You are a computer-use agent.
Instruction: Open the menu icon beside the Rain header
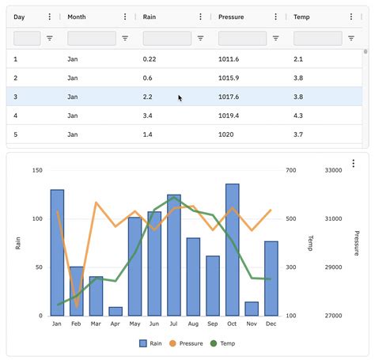[x=200, y=17]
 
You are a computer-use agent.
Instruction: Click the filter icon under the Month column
[x=125, y=38]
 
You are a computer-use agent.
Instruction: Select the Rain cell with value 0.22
[x=150, y=59]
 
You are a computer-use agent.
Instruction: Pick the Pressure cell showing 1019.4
[x=229, y=116]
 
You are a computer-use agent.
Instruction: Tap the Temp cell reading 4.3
[x=298, y=116]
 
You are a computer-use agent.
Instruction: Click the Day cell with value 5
[x=16, y=135]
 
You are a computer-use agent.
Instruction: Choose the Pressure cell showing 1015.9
[x=229, y=78]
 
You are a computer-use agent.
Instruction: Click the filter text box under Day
[x=27, y=38]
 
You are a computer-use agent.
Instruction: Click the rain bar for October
[x=232, y=249]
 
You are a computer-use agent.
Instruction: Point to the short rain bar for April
[x=116, y=311]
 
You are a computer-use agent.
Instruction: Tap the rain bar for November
[x=252, y=309]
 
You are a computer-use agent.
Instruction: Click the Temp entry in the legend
[x=222, y=343]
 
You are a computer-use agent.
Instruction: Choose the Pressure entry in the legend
[x=185, y=343]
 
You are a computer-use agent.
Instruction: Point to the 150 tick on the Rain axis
[x=37, y=170]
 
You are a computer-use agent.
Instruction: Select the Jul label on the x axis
[x=174, y=324]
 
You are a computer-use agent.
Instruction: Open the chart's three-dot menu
[x=353, y=164]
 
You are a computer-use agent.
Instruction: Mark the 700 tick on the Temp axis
[x=290, y=170]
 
